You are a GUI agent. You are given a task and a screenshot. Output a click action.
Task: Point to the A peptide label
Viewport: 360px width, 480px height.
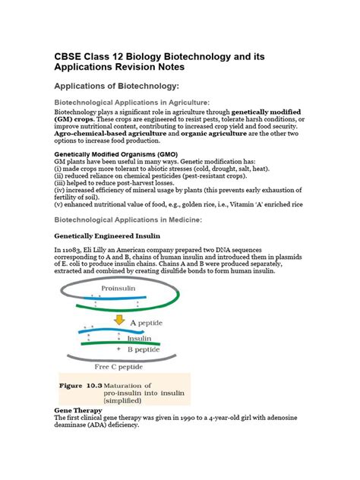153,322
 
